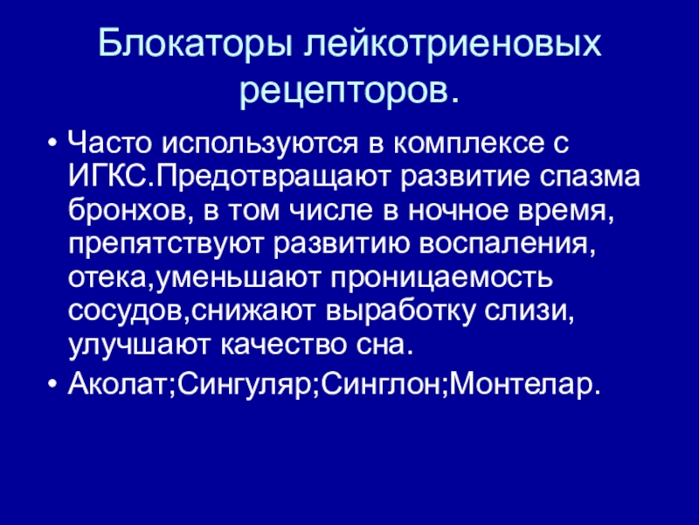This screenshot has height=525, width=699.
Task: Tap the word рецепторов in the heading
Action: click(347, 88)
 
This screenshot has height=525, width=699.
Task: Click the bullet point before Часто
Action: click(54, 142)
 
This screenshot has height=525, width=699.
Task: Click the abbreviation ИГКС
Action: click(102, 178)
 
